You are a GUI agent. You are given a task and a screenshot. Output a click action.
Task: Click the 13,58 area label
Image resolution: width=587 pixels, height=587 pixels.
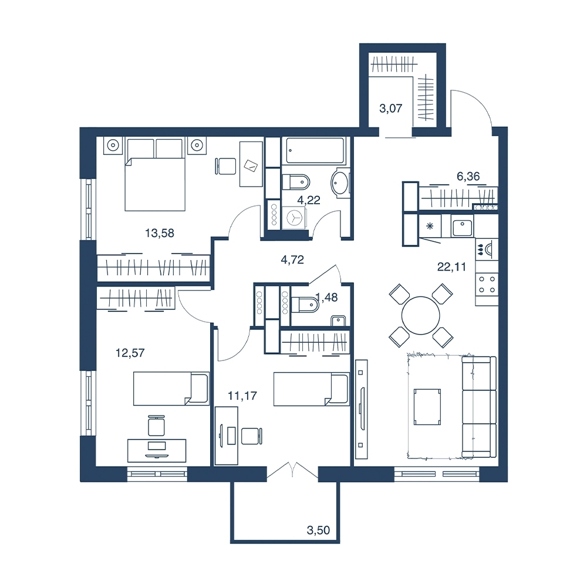tap(160, 233)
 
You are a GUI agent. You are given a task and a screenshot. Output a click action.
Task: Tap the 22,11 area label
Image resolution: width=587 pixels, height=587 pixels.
tap(451, 267)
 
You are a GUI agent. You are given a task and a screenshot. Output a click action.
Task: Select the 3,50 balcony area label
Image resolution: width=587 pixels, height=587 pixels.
tap(318, 530)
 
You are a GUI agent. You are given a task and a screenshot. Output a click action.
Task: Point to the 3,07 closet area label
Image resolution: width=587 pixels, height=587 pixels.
tap(390, 109)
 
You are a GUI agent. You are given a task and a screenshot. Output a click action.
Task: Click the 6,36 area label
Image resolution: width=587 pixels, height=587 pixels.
tap(468, 176)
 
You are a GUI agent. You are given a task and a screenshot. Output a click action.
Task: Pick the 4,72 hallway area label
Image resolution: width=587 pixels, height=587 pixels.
tap(292, 259)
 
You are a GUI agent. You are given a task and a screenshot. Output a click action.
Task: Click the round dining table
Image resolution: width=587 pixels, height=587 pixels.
tap(421, 315)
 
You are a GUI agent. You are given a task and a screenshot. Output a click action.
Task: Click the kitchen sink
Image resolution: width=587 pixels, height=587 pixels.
tap(463, 226)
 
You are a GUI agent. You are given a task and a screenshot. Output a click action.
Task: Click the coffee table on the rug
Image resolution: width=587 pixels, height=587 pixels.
tap(427, 407)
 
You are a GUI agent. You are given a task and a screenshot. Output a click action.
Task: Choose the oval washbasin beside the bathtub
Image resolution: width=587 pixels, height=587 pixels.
tap(340, 183)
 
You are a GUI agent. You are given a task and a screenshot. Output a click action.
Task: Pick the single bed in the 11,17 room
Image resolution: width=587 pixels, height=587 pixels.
tap(312, 389)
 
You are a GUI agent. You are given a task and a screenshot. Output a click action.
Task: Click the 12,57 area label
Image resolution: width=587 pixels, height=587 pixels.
tap(130, 353)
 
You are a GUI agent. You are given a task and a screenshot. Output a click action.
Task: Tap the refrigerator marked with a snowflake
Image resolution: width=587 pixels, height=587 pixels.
tap(430, 226)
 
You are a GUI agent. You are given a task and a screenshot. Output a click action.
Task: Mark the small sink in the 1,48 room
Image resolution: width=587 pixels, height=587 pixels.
tap(339, 321)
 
